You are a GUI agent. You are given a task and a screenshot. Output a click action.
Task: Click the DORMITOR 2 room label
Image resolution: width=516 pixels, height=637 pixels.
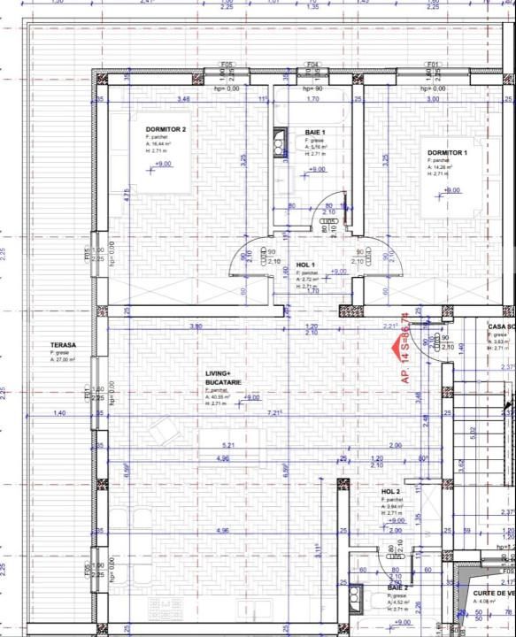click(166, 129)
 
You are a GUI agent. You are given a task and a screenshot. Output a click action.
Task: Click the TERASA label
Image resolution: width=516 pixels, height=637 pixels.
click(63, 346)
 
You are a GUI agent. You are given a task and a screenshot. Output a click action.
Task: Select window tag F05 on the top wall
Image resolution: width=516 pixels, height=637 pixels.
click(227, 65)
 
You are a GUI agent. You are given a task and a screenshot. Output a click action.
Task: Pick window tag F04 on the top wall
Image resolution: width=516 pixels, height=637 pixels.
click(312, 65)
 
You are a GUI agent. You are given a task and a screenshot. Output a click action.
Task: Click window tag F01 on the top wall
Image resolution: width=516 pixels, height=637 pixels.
click(434, 65)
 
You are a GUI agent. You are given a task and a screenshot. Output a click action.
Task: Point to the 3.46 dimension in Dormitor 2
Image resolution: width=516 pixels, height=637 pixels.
click(184, 99)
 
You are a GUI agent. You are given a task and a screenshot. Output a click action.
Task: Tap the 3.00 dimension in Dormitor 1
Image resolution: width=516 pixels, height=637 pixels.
click(433, 99)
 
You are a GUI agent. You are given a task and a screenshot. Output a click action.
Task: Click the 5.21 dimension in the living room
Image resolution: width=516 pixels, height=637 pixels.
click(228, 444)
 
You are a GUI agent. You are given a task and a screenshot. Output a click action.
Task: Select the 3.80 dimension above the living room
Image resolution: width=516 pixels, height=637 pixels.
click(196, 327)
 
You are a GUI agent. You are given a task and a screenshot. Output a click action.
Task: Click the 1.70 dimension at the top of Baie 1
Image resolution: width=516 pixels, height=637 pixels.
click(312, 99)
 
